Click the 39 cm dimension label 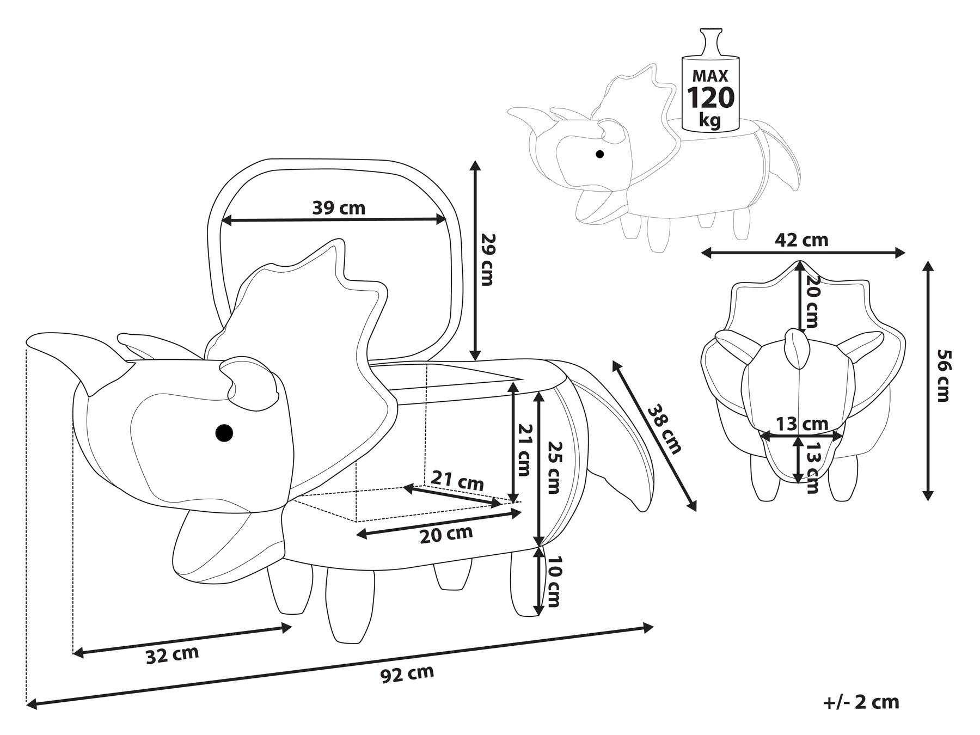[339, 207]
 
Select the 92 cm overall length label [407, 674]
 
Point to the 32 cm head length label [172, 654]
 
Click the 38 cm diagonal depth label [664, 429]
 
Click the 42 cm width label [802, 240]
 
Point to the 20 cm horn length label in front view [812, 301]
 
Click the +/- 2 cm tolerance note [861, 702]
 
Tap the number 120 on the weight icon [710, 98]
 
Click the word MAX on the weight [710, 75]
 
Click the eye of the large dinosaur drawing [224, 433]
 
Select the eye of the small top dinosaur [600, 154]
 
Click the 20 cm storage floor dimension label [446, 535]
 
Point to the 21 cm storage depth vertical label [523, 449]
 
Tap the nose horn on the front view [796, 348]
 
